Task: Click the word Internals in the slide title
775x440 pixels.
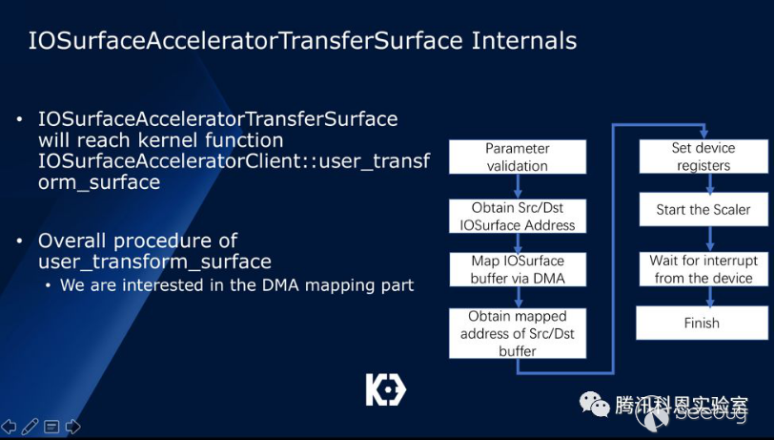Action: (x=524, y=41)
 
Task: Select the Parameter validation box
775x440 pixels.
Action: (x=518, y=157)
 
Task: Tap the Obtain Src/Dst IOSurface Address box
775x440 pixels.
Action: (x=518, y=217)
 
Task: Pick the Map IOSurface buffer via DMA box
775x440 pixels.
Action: (x=518, y=269)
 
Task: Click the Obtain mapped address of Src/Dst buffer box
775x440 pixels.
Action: (x=518, y=333)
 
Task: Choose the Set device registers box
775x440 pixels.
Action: (x=704, y=157)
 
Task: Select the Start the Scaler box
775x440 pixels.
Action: (x=704, y=209)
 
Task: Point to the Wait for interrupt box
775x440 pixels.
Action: (x=704, y=269)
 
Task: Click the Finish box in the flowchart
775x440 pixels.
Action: (x=702, y=323)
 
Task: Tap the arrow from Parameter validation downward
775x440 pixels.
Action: (x=518, y=186)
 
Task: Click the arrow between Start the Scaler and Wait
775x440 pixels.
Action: (x=710, y=239)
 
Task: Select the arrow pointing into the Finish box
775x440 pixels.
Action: (x=710, y=296)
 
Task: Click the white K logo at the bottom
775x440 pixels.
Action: (x=385, y=389)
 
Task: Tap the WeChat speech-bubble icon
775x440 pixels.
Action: (x=595, y=404)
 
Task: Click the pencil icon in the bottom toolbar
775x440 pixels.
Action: (x=30, y=426)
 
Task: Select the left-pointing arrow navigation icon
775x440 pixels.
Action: (x=9, y=426)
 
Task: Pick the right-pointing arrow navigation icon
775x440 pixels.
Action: (x=72, y=426)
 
